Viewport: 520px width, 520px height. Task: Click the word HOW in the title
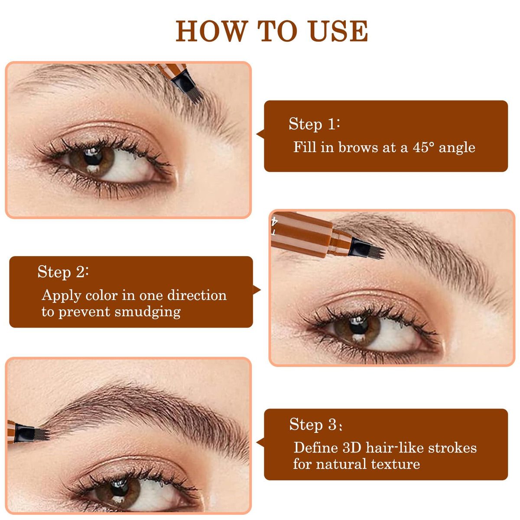click(212, 31)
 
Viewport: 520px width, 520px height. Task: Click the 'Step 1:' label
click(314, 124)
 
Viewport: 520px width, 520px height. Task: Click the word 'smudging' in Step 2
click(148, 312)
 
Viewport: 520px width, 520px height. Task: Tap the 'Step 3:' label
click(315, 425)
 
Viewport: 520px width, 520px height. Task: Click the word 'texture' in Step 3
click(396, 464)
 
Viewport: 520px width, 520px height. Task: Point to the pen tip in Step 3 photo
click(42, 435)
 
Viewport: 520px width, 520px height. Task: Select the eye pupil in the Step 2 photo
click(359, 325)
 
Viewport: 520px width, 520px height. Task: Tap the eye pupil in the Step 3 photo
click(119, 487)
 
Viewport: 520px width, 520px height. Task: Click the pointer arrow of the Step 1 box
click(260, 134)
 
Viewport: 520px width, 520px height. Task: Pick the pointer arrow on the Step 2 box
click(257, 290)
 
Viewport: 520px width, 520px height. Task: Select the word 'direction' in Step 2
click(197, 295)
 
